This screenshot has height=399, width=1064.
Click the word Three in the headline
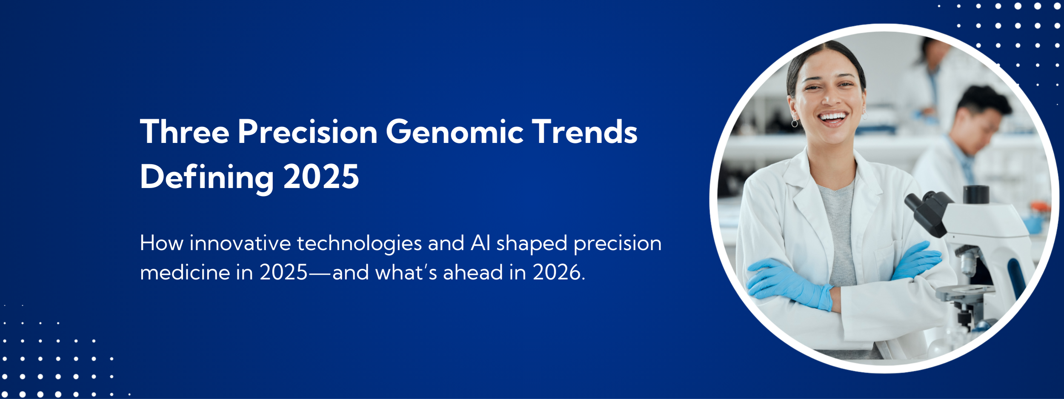tap(185, 132)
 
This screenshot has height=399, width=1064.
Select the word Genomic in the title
tap(455, 132)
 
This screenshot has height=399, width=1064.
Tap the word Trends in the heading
tap(585, 132)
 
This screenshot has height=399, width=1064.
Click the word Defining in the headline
tap(207, 177)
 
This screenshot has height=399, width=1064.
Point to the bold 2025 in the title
tap(321, 177)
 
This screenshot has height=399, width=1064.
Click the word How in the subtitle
tap(162, 243)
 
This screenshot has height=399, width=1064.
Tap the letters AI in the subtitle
tap(481, 243)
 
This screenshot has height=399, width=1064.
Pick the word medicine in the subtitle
tap(185, 273)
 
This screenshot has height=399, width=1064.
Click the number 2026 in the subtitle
tap(559, 273)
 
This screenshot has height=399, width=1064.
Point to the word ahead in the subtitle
tap(473, 272)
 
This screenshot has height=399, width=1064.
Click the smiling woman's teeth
tap(832, 116)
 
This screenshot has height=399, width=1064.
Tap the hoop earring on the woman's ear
tap(795, 123)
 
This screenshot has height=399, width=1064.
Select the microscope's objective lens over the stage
tap(968, 262)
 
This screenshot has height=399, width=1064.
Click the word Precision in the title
tap(308, 132)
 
